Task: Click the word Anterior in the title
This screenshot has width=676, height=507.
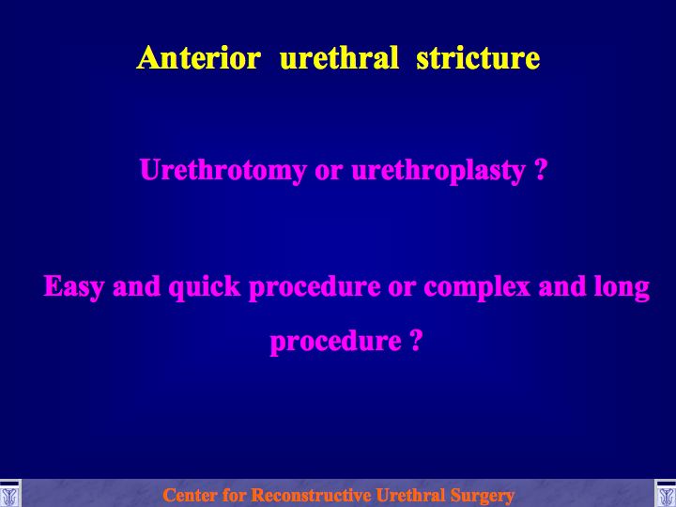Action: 199,57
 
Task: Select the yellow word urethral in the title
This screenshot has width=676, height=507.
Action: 339,57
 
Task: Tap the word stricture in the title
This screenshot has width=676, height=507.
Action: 478,57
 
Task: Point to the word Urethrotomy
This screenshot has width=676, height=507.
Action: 223,170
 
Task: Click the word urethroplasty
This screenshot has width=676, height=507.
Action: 438,171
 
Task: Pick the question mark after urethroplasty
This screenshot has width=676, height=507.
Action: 541,170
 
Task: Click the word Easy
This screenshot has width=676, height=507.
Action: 73,286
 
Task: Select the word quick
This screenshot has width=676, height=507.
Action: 205,286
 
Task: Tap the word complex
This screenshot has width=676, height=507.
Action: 477,286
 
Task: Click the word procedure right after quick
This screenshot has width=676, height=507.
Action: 315,286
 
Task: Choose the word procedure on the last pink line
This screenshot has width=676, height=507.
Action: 336,342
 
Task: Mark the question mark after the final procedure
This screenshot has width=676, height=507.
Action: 416,340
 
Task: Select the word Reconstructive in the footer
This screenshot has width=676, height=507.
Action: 311,495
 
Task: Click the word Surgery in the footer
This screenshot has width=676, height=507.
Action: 483,496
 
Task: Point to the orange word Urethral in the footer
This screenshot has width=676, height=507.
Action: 410,495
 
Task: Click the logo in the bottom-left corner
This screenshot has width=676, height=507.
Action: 10,493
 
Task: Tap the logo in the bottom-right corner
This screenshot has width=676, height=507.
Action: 666,493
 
